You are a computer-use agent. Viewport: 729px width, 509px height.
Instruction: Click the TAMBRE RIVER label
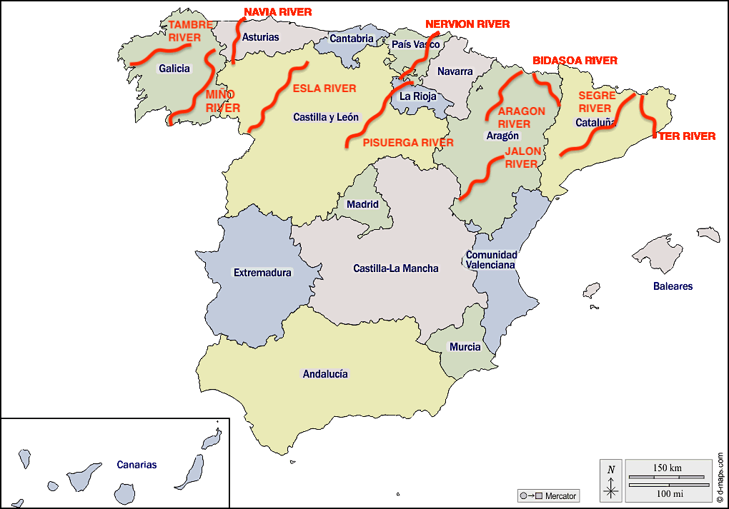tap(190, 31)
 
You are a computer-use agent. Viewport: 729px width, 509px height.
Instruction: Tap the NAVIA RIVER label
tap(278, 12)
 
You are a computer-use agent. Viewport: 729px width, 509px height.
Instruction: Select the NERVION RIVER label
tap(467, 24)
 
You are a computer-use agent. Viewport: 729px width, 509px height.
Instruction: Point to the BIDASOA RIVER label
tap(575, 61)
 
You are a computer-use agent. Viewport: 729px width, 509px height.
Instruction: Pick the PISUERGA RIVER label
tap(408, 142)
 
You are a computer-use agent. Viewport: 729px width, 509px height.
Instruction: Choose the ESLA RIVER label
tap(324, 89)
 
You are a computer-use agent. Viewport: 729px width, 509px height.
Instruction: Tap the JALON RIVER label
tap(521, 158)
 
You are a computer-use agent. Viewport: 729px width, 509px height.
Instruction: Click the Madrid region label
tap(362, 204)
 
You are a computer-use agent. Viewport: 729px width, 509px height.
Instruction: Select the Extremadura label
tap(262, 273)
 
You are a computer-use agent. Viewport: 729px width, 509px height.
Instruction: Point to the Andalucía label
tap(325, 373)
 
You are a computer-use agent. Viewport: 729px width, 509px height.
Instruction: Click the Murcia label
tap(465, 347)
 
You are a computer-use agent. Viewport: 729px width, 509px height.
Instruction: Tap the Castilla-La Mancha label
tap(396, 268)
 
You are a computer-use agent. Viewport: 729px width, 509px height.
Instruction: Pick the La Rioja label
tap(418, 96)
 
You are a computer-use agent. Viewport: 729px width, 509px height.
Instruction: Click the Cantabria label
tap(352, 39)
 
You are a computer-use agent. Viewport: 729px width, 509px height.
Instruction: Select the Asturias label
tap(261, 37)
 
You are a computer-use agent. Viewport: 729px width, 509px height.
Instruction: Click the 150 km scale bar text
tap(667, 468)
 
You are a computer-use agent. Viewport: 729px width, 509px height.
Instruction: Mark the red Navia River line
tap(236, 43)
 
